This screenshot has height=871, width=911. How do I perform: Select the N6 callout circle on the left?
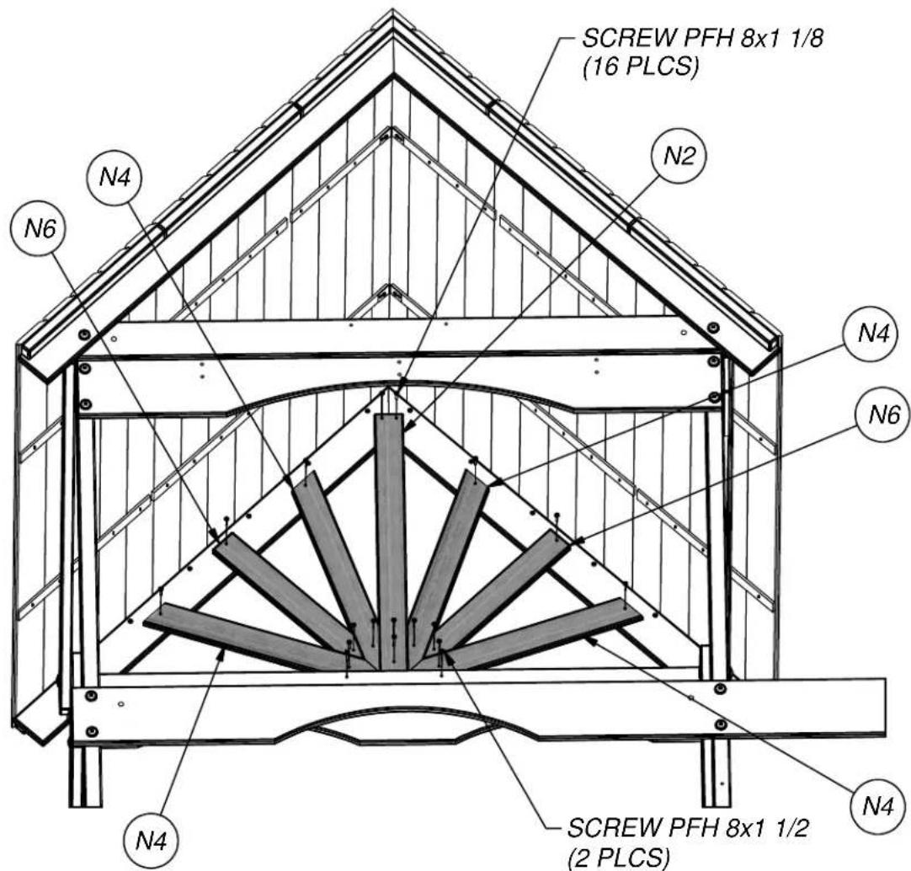click(x=40, y=228)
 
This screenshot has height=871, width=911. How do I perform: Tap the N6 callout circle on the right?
click(x=884, y=414)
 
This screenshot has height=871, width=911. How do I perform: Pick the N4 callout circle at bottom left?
click(x=151, y=839)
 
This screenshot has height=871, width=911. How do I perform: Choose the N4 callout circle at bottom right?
click(x=877, y=806)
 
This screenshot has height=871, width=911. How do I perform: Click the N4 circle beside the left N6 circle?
click(x=115, y=177)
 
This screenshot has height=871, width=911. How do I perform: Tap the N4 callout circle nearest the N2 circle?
click(x=873, y=334)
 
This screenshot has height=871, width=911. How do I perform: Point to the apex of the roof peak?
click(x=392, y=10)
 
